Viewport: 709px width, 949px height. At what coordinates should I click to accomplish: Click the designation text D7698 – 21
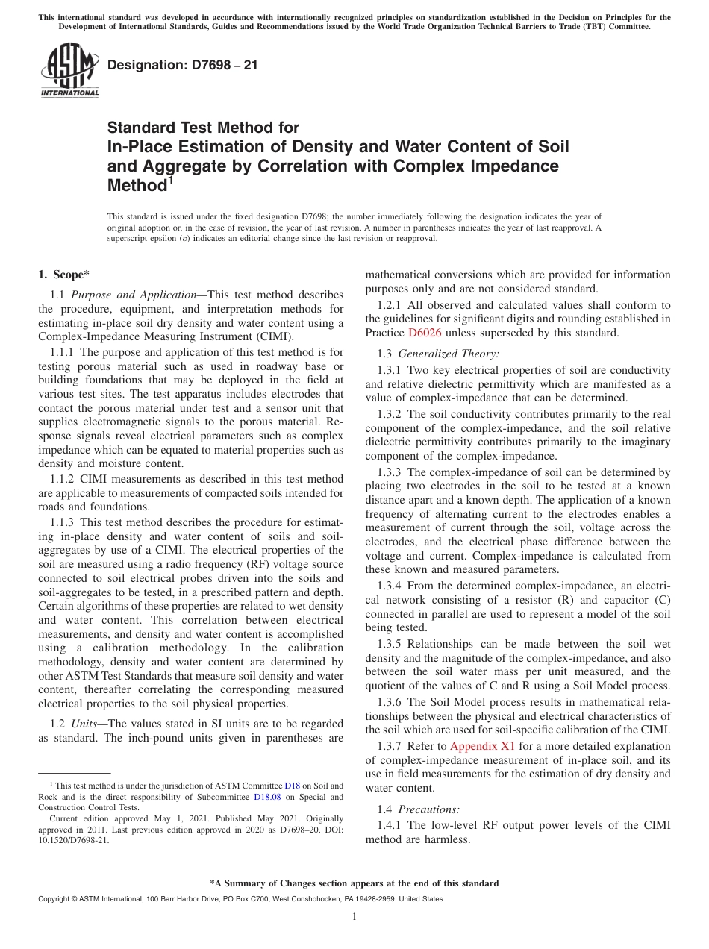(183, 66)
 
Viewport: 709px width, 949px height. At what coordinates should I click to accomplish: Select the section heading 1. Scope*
(64, 275)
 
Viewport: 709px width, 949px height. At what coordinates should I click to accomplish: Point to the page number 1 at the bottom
(354, 916)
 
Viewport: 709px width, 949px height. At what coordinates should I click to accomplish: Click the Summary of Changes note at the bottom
(354, 883)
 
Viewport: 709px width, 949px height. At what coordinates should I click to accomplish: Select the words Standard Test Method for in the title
(203, 128)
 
